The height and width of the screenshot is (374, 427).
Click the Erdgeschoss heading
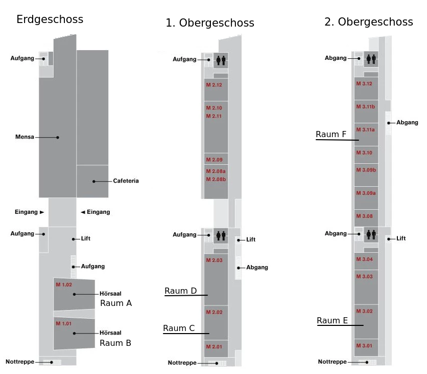click(x=50, y=20)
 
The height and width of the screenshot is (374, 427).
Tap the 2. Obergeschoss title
click(x=368, y=22)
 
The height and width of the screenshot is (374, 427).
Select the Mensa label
click(x=25, y=137)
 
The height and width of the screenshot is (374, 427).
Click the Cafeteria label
click(x=126, y=181)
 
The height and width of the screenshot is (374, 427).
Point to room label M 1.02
click(x=64, y=284)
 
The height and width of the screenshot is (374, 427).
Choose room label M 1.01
click(x=64, y=323)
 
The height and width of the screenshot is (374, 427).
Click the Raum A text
click(x=116, y=303)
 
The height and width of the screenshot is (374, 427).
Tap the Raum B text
click(x=115, y=343)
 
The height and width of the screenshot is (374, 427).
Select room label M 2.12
click(x=213, y=85)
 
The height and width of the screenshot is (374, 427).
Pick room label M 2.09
click(x=213, y=160)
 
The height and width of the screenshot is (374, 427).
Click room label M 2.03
click(x=214, y=260)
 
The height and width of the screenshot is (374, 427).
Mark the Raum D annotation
click(x=181, y=291)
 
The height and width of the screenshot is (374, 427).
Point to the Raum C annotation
click(x=179, y=328)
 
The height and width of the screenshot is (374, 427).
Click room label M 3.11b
click(x=366, y=106)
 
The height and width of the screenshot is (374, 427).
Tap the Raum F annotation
click(x=331, y=135)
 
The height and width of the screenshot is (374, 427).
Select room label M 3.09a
click(x=366, y=193)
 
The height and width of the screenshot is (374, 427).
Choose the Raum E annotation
click(x=332, y=321)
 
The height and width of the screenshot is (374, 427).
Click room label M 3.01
click(x=364, y=345)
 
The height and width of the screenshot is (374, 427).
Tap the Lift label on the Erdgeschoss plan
click(x=85, y=239)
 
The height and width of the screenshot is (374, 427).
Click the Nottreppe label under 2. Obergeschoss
click(x=333, y=362)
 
